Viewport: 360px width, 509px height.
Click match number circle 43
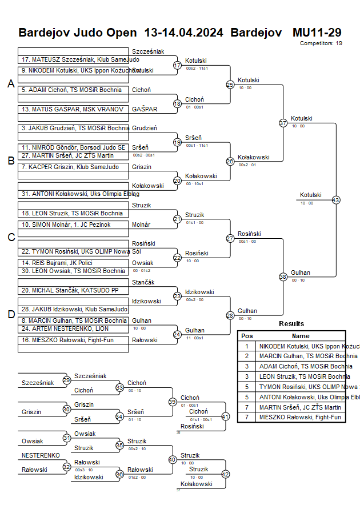tap(335, 200)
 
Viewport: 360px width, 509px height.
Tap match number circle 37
tap(282, 123)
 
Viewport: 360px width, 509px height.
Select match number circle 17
tap(177, 65)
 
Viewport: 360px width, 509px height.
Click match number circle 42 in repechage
tap(225, 474)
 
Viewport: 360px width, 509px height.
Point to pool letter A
tap(10, 84)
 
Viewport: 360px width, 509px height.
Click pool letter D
tap(10, 314)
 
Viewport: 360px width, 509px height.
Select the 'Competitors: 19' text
tap(321, 43)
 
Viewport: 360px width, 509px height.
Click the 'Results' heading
tap(291, 324)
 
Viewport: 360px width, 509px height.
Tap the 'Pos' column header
tap(247, 336)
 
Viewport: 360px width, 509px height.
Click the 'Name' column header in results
tap(301, 336)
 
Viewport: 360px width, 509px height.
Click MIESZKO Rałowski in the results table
tap(300, 417)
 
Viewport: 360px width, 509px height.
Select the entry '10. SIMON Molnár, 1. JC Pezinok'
tap(66, 225)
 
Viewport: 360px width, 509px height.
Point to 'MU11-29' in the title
tap(317, 32)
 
